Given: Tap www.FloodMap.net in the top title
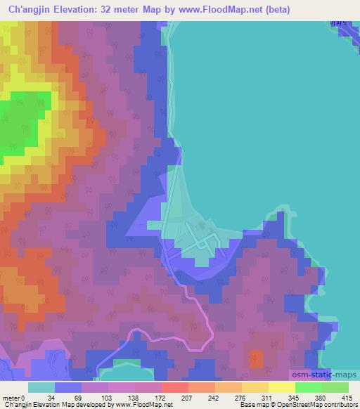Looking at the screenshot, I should tap(212, 10).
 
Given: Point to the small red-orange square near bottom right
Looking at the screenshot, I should tap(257, 358).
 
